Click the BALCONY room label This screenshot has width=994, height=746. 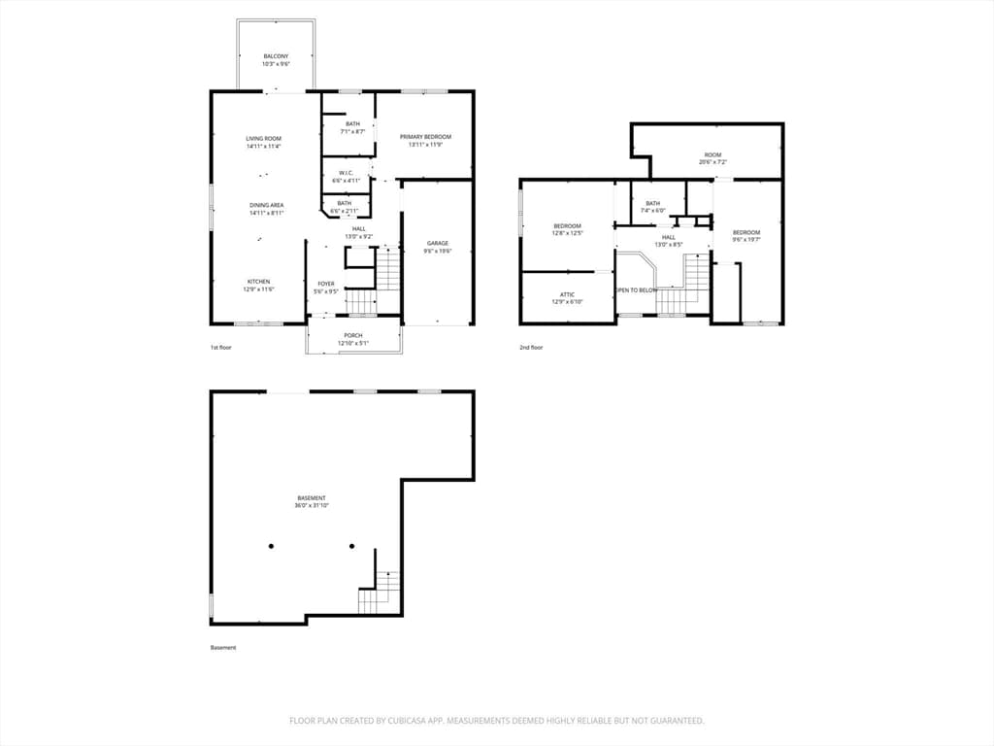276,56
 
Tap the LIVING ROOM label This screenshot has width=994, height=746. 263,139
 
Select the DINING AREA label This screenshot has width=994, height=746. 266,205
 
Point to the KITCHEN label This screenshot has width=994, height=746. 258,282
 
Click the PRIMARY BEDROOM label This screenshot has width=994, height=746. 425,137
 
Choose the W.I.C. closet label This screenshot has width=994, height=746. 346,173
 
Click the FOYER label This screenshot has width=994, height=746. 326,284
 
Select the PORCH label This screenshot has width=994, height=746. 353,335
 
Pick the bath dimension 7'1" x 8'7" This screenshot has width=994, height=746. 351,131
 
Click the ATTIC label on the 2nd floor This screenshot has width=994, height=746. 567,294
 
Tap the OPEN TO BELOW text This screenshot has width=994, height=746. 637,289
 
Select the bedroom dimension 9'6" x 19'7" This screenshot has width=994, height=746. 746,240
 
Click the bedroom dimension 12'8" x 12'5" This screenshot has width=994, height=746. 567,233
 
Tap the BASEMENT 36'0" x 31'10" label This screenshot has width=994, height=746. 312,505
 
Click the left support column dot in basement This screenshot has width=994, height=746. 271,546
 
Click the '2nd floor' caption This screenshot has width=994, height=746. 531,347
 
